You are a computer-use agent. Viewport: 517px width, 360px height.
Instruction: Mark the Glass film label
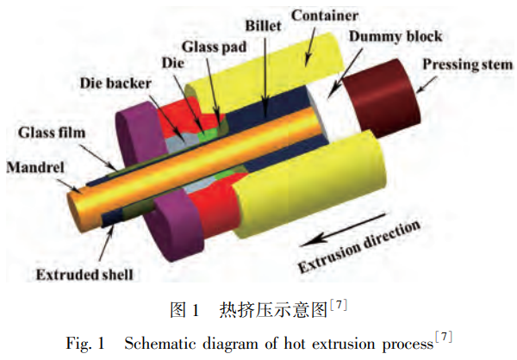52,133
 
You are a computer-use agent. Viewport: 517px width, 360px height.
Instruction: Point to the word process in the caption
402,344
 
